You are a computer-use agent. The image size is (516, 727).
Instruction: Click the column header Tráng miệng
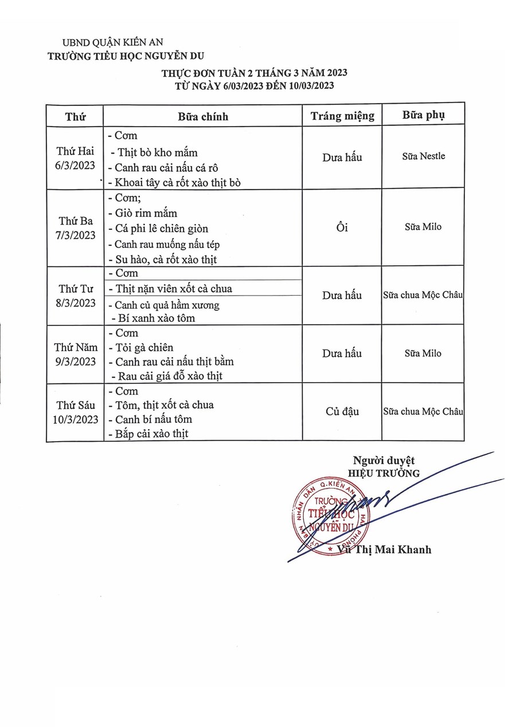(342, 116)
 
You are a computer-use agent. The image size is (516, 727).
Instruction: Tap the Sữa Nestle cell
(423, 156)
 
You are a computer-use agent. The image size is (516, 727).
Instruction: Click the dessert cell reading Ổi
(342, 228)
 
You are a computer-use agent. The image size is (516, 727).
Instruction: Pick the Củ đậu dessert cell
(342, 411)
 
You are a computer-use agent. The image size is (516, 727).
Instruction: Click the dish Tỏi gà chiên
(144, 348)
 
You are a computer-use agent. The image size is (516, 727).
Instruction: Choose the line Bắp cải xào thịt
(151, 434)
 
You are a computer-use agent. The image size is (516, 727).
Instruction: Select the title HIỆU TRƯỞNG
(384, 473)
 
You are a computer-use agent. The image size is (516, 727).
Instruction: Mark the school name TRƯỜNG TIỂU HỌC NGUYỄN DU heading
(126, 56)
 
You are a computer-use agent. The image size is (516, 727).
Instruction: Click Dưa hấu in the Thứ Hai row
(342, 157)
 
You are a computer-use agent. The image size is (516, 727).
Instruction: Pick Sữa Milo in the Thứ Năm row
(423, 353)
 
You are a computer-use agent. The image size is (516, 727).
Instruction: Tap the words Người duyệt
(384, 460)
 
